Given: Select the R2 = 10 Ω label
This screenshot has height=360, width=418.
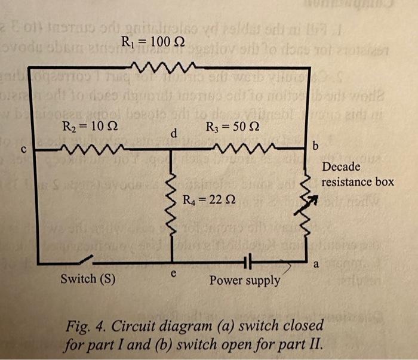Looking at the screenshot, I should pos(85,127).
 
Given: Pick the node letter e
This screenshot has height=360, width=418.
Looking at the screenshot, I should pos(174,272).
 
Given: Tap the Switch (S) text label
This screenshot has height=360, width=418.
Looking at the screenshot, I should pos(88,279).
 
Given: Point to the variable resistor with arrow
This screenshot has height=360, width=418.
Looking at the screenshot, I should pos(307,199).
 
